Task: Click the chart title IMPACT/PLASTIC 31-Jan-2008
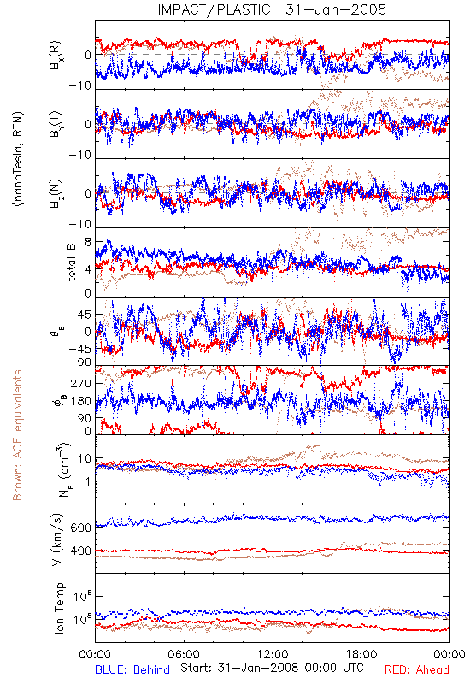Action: click(272, 9)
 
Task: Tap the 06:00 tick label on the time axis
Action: click(184, 654)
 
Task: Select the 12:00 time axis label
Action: click(273, 654)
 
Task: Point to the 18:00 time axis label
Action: click(361, 654)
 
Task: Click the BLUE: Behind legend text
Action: click(132, 669)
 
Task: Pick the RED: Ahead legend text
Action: click(416, 669)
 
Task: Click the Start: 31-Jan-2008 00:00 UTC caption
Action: click(272, 668)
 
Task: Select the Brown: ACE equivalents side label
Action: click(17, 435)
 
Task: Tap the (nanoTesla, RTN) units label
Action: click(17, 159)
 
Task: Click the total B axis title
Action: click(71, 262)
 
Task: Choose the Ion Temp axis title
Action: click(59, 608)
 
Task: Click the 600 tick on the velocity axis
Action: click(80, 528)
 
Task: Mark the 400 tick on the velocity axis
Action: click(80, 551)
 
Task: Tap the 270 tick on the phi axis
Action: click(81, 383)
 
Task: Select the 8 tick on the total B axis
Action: click(88, 242)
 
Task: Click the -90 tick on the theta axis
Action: click(79, 363)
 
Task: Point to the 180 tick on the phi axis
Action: click(81, 401)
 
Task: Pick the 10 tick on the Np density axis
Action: click(84, 458)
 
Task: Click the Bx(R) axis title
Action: click(55, 56)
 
